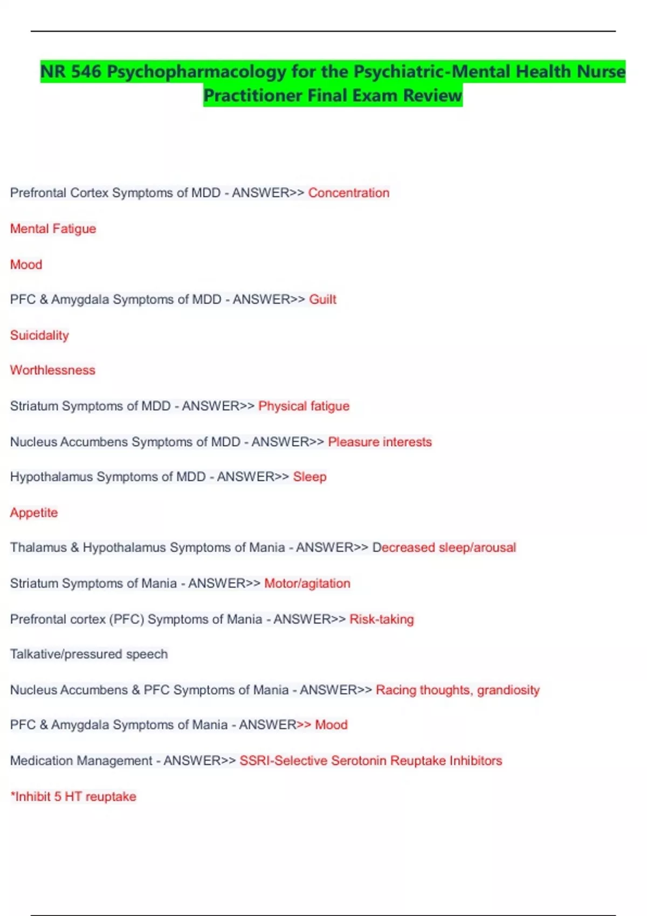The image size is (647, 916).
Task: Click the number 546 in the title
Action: (86, 72)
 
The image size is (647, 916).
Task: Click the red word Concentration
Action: (348, 193)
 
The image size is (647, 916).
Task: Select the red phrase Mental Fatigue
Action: (53, 228)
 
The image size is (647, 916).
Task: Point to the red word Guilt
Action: (322, 300)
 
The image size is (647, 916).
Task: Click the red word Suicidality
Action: (39, 335)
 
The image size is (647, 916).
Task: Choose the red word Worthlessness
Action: (52, 370)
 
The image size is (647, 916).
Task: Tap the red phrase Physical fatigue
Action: (304, 406)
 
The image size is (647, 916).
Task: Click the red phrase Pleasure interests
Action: (380, 442)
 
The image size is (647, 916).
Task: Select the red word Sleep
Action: (309, 477)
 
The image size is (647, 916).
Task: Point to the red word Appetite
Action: (34, 512)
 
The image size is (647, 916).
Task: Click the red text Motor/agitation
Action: (307, 583)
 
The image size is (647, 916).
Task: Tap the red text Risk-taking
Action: (382, 619)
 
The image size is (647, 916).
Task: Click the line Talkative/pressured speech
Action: (89, 654)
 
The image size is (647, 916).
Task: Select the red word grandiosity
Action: (508, 690)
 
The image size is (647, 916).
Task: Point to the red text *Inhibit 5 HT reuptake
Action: (73, 796)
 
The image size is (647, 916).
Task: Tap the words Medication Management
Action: (81, 760)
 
